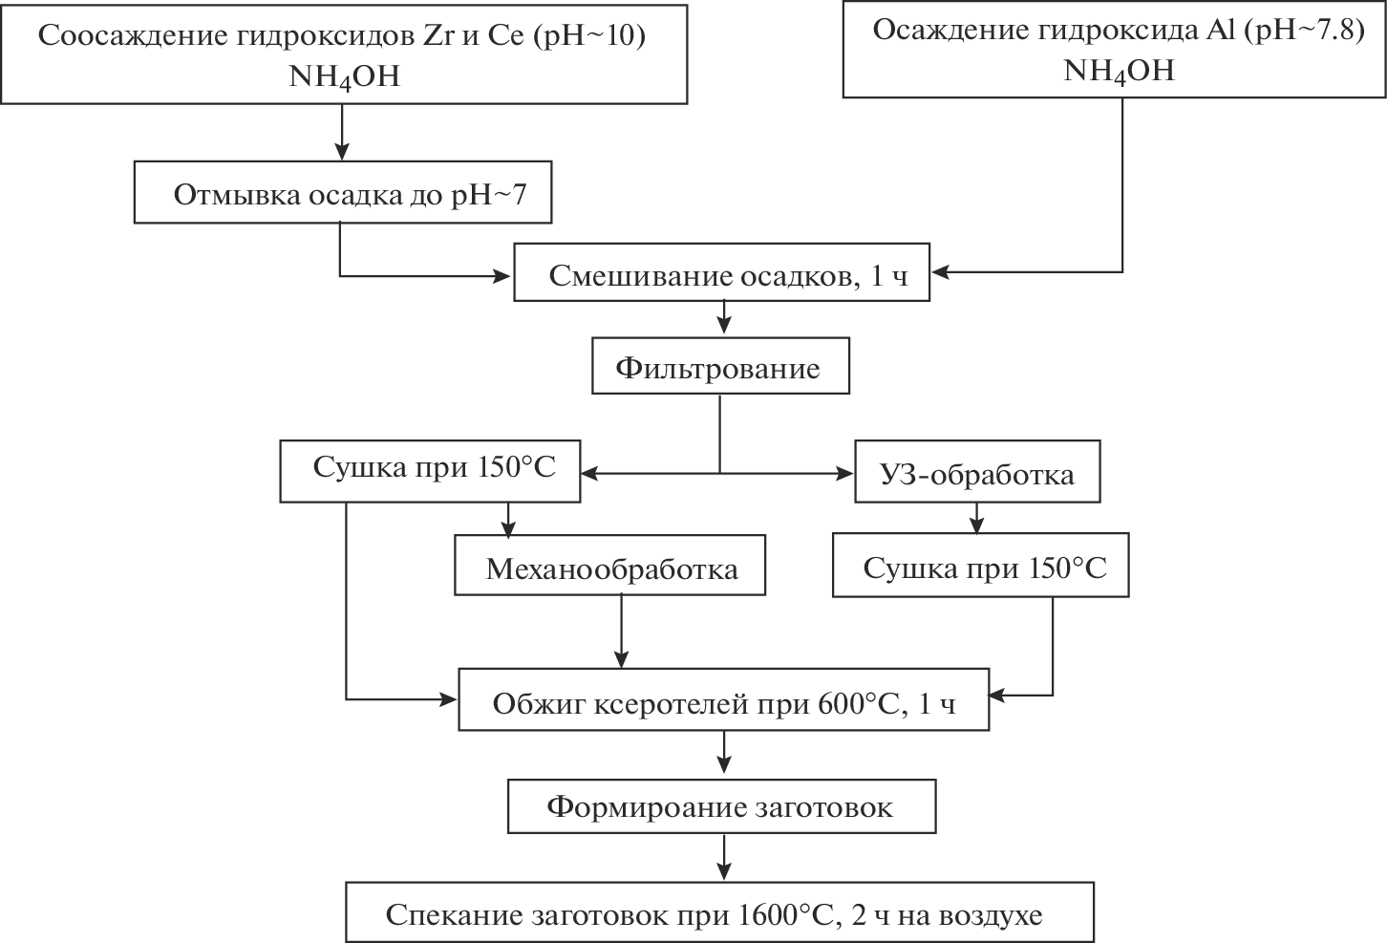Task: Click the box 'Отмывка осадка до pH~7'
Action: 343,193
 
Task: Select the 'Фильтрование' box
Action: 720,365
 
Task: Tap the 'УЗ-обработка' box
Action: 977,471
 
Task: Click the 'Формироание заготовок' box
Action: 721,807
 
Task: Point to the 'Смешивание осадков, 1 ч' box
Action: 722,274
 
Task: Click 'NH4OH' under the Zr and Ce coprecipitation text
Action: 344,75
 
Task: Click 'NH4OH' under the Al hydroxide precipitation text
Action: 1120,70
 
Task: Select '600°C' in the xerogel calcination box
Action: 860,704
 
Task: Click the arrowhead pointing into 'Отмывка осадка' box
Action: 341,150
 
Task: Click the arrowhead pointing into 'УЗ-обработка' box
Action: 844,472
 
